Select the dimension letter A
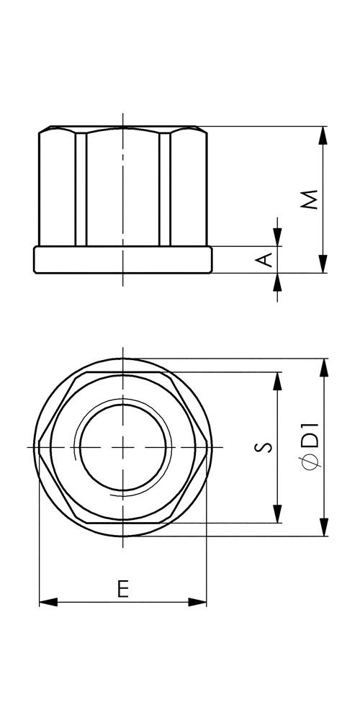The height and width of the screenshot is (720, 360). (x=266, y=259)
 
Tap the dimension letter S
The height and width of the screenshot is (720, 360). (x=265, y=447)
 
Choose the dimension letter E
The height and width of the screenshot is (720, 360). (x=123, y=590)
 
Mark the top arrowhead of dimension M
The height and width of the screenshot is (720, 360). (x=323, y=135)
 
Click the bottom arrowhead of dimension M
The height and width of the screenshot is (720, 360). (x=323, y=265)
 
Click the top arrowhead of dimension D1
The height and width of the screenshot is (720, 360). (x=323, y=366)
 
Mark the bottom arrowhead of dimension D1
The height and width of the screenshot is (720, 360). (x=323, y=528)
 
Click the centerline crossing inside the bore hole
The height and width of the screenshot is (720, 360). (x=123, y=447)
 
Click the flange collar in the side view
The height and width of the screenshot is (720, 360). (x=123, y=260)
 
